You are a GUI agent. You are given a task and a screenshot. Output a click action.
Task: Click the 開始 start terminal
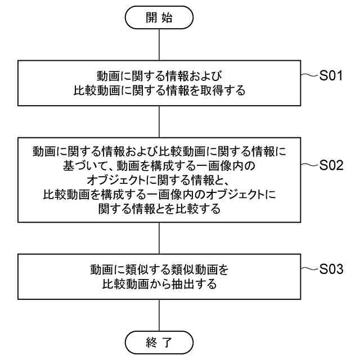click(160, 17)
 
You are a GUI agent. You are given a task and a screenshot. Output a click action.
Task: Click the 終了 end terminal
click(160, 341)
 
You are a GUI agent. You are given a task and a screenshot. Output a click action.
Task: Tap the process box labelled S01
click(160, 83)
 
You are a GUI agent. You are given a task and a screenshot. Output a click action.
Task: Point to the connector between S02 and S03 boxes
click(160, 238)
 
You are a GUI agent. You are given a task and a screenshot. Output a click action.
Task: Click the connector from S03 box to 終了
click(160, 314)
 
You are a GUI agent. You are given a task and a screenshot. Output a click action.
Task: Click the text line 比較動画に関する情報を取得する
click(160, 90)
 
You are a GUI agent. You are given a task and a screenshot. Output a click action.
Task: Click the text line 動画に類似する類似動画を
click(160, 269)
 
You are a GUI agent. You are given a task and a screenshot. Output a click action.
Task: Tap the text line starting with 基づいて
click(160, 166)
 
